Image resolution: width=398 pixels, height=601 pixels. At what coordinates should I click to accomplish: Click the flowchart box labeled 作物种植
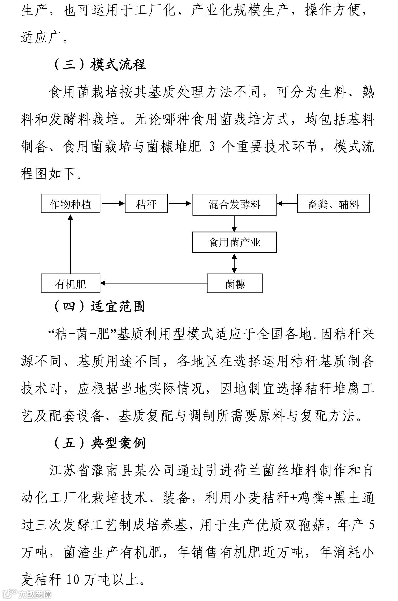click(70, 204)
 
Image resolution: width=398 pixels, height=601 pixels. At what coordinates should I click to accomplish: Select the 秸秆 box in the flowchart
click(146, 204)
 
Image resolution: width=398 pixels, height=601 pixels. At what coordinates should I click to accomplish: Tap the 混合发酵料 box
click(234, 205)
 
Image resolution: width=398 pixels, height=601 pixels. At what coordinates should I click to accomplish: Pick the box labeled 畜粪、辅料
click(333, 204)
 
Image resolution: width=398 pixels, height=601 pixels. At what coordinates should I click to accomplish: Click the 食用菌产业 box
click(234, 242)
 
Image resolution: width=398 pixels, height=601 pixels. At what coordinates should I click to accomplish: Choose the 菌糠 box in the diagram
click(235, 283)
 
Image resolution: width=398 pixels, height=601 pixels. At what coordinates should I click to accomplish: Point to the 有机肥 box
click(70, 283)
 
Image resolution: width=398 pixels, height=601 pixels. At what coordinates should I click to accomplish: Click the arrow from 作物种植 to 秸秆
click(113, 203)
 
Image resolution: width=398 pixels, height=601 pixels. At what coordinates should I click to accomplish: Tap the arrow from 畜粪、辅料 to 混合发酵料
click(287, 203)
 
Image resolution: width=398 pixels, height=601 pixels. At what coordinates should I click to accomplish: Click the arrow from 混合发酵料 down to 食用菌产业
click(234, 224)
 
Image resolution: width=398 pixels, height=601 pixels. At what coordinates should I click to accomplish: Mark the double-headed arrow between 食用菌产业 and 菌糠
click(234, 263)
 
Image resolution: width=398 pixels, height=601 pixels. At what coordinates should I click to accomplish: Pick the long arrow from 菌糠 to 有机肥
click(154, 283)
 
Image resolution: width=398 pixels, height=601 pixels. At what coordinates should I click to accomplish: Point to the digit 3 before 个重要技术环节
click(212, 147)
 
